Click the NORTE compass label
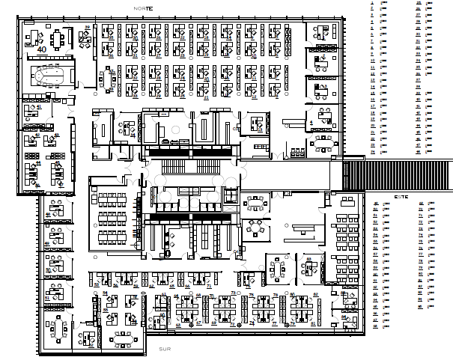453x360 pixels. pyautogui.click(x=142, y=7)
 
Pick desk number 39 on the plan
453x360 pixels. pyautogui.click(x=87, y=28)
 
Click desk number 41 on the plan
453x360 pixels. pyautogui.click(x=37, y=108)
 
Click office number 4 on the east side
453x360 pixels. pyautogui.click(x=310, y=122)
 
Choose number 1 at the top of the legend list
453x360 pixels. pyautogui.click(x=372, y=4)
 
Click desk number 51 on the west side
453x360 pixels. pyautogui.click(x=48, y=298)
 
